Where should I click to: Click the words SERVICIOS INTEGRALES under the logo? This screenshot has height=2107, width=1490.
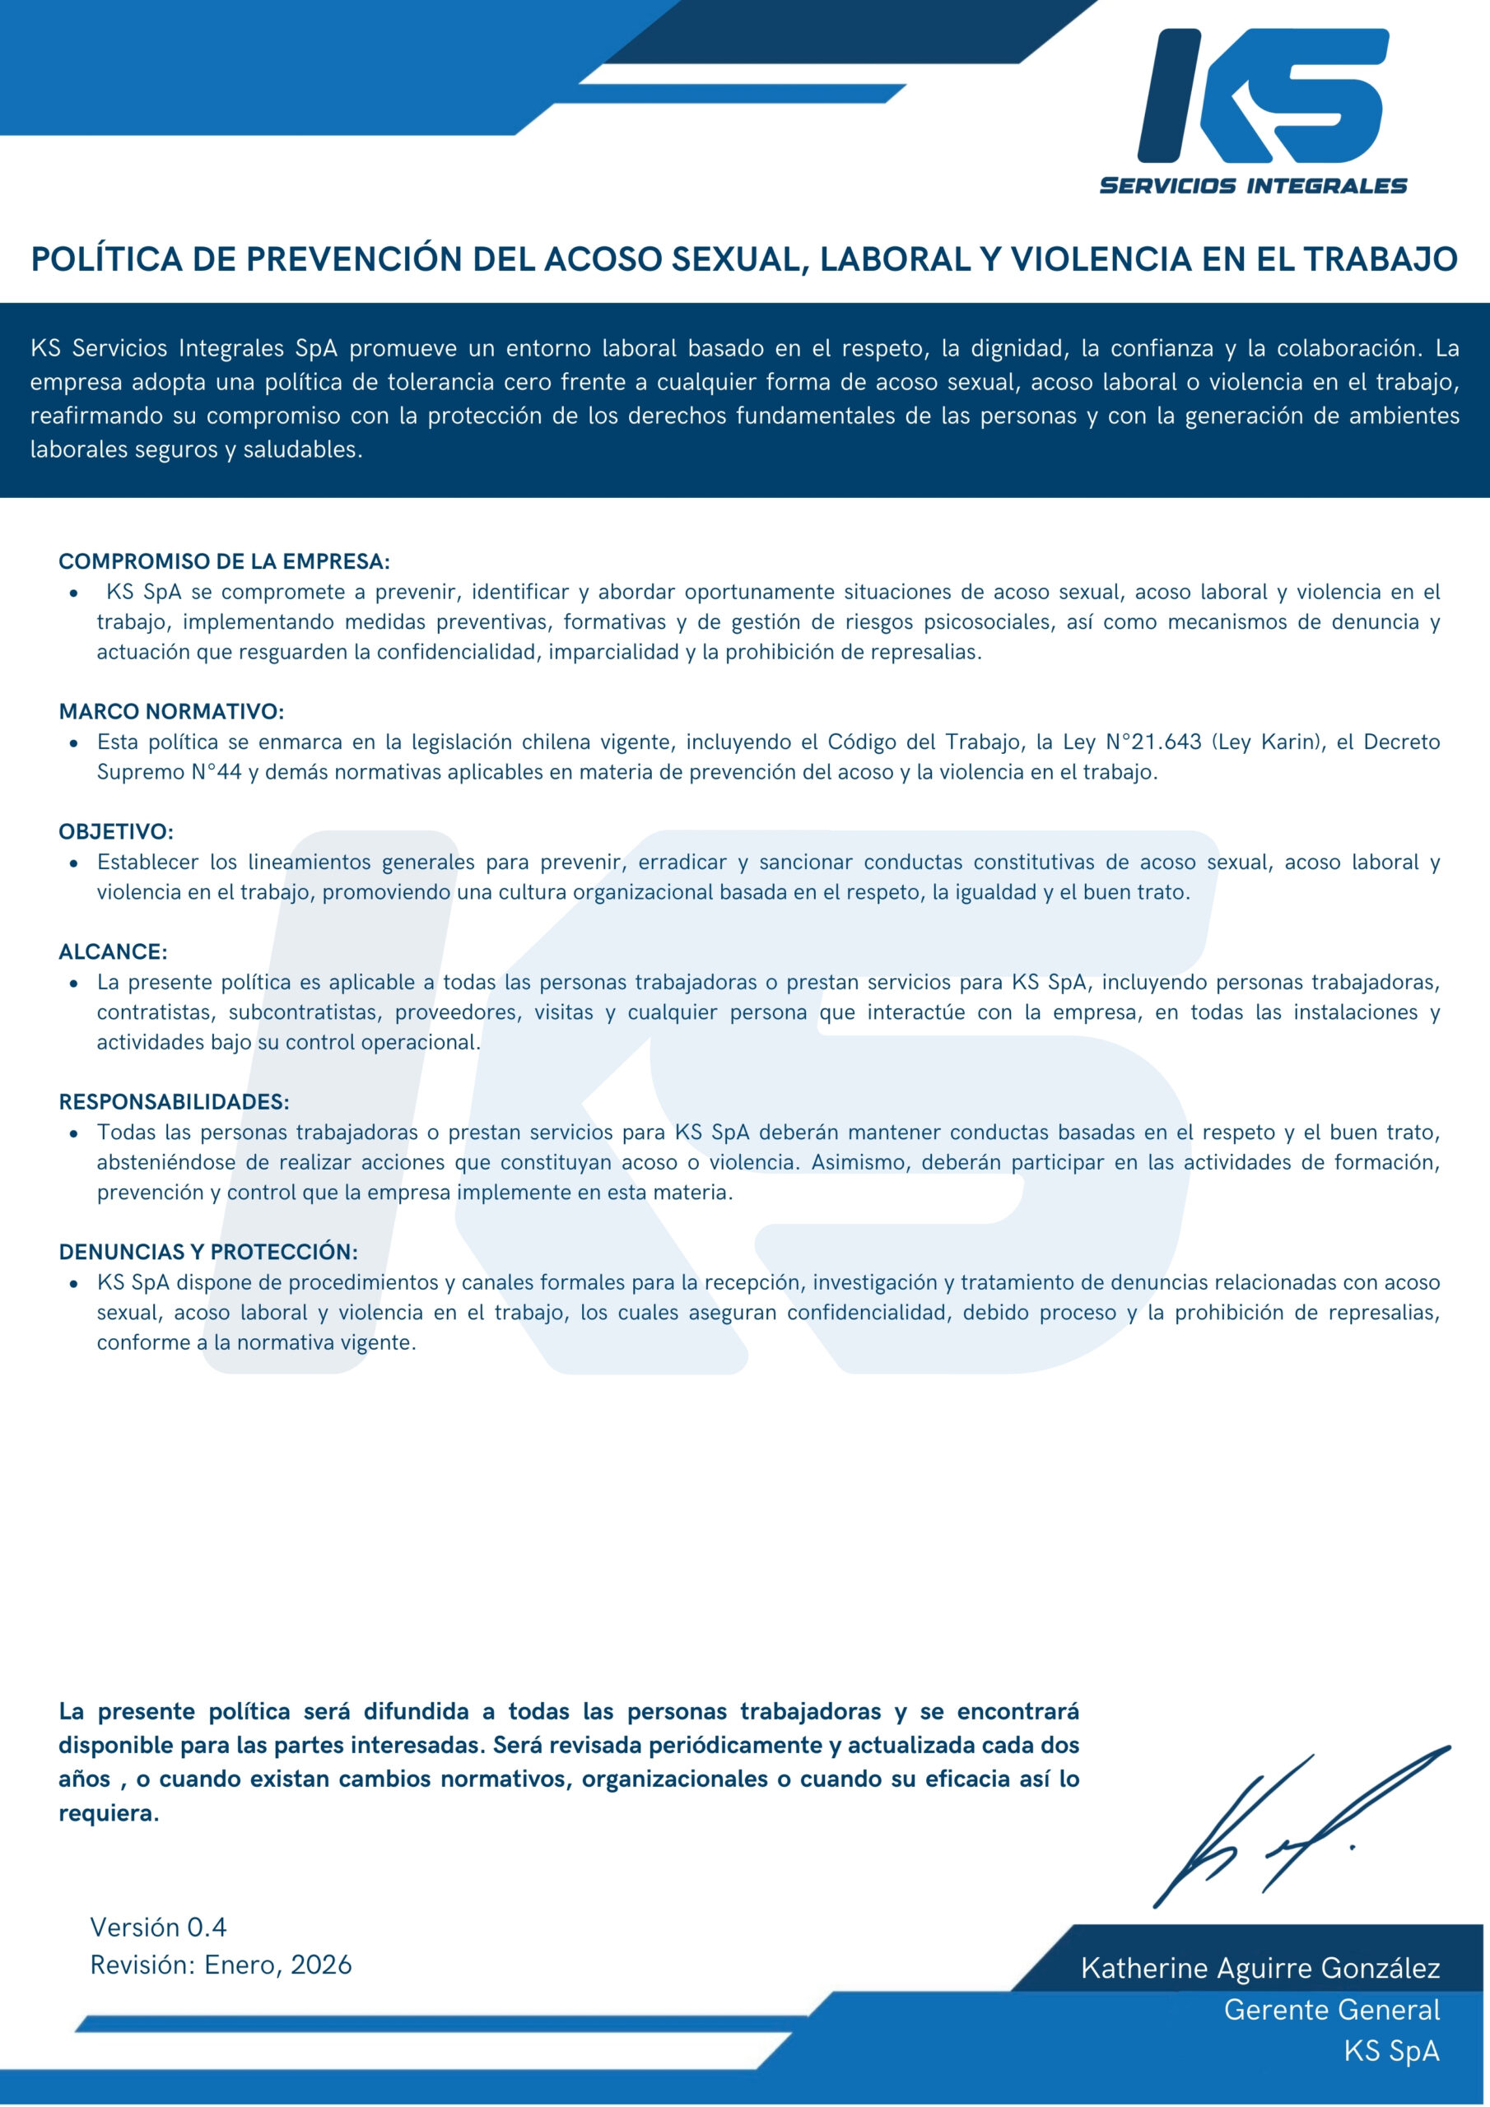pyautogui.click(x=1252, y=185)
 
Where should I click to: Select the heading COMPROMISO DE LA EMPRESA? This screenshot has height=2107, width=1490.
pyautogui.click(x=224, y=560)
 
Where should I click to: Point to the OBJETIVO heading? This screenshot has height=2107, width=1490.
pyautogui.click(x=116, y=831)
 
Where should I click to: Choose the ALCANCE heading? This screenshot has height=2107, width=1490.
pyautogui.click(x=113, y=951)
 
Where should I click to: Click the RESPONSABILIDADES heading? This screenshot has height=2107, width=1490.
pyautogui.click(x=174, y=1101)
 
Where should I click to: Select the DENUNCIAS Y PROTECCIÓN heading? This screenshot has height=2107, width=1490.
pyautogui.click(x=208, y=1252)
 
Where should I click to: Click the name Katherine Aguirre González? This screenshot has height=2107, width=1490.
pyautogui.click(x=1260, y=1968)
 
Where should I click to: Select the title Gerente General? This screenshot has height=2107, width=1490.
pyautogui.click(x=1331, y=2010)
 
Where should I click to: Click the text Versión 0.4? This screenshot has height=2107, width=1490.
pyautogui.click(x=158, y=1927)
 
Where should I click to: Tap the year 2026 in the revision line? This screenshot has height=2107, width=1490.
pyautogui.click(x=321, y=1965)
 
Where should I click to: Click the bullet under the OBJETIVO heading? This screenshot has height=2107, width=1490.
pyautogui.click(x=73, y=863)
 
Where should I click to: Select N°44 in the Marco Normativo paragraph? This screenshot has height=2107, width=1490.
pyautogui.click(x=216, y=772)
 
